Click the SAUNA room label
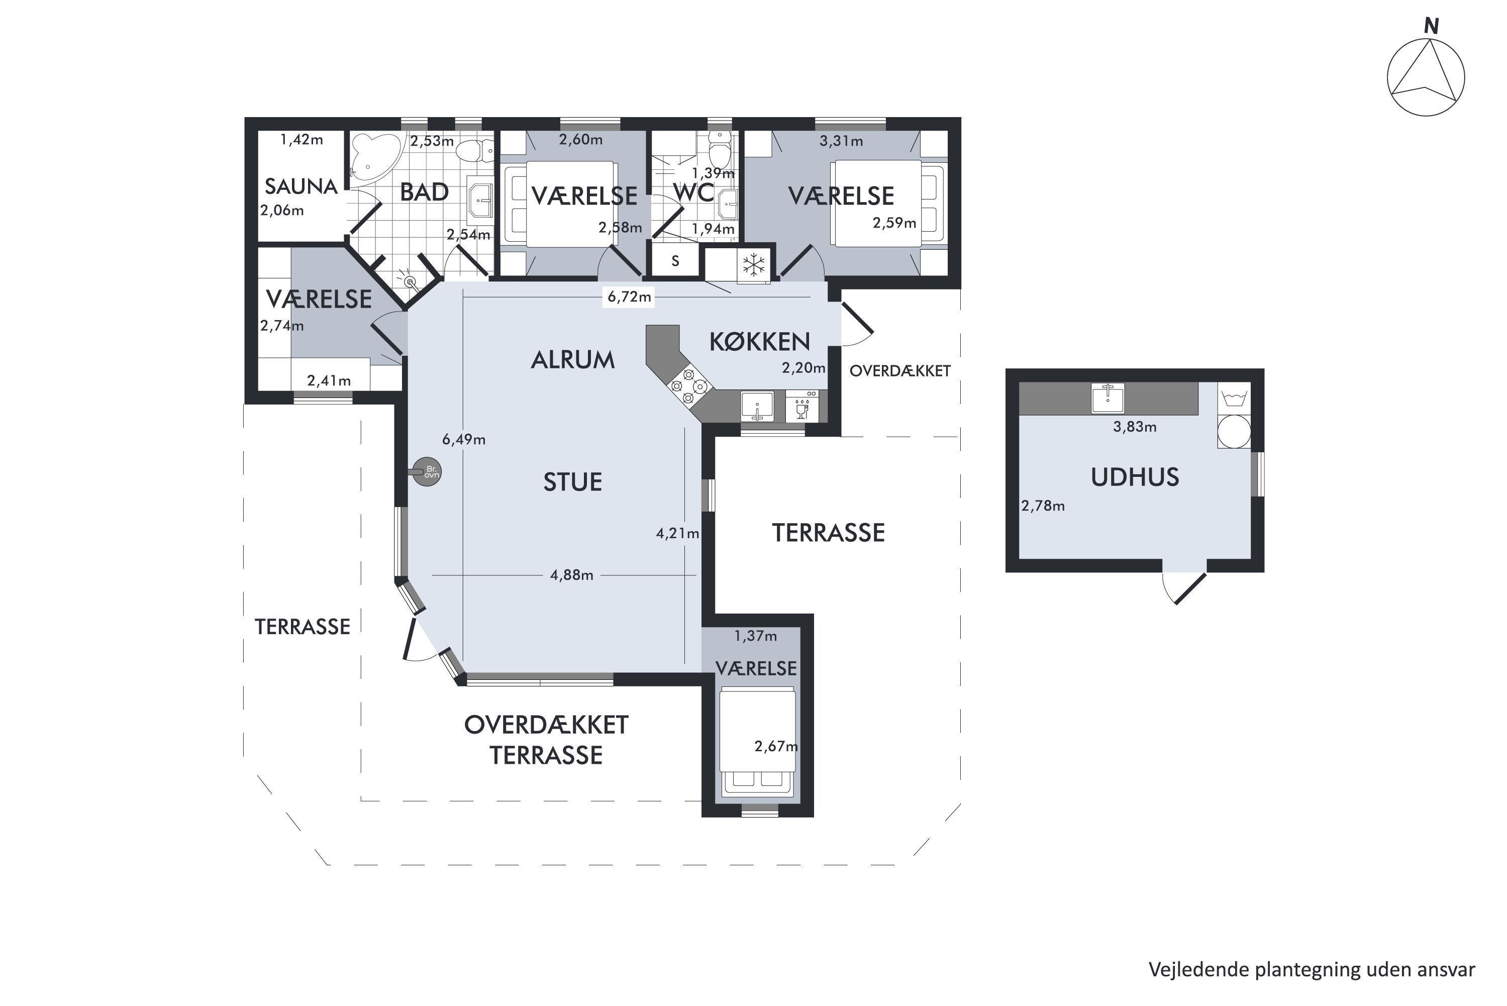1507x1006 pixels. [x=301, y=187]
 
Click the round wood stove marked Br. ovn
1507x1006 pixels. [x=428, y=473]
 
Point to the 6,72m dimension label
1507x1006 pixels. [x=629, y=296]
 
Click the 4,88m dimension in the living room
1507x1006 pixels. [x=572, y=575]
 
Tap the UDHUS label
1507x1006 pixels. [x=1135, y=477]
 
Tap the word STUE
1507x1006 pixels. [x=572, y=482]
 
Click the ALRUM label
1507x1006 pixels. [x=572, y=360]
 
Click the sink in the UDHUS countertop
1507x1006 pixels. [x=1108, y=398]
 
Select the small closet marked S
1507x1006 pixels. [x=675, y=261]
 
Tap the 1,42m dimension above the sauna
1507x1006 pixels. [x=302, y=139]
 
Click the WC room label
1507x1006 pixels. [x=693, y=192]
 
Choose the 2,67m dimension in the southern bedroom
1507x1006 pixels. [x=776, y=746]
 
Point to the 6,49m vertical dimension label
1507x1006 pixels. [x=463, y=440]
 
